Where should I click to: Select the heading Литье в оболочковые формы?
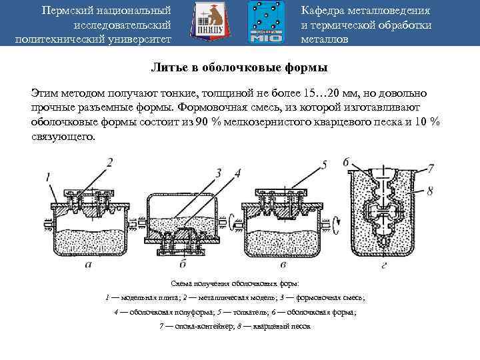coord(240,68)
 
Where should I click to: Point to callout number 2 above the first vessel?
coord(110,162)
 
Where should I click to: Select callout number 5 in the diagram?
coord(323,164)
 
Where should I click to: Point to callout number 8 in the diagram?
coord(429,191)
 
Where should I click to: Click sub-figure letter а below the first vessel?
coord(89,265)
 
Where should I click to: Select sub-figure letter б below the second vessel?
coord(181,265)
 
